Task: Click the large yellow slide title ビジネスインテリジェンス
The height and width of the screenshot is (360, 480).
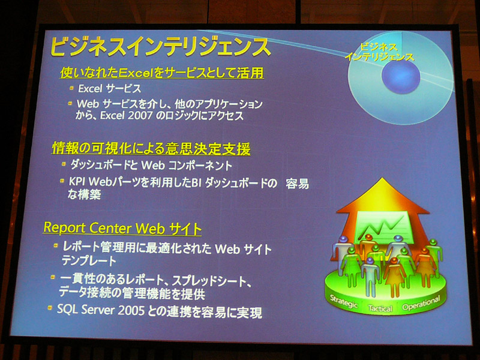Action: [160, 47]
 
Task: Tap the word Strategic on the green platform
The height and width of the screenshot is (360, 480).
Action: [344, 302]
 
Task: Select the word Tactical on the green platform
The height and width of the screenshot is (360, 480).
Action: [380, 308]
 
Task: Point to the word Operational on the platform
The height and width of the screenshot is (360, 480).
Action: [421, 303]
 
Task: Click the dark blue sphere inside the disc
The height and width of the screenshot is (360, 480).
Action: [401, 76]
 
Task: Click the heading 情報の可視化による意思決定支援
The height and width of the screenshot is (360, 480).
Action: [151, 148]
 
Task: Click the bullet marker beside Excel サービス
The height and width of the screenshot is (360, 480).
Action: [71, 88]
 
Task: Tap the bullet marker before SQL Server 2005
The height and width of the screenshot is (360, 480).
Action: [50, 307]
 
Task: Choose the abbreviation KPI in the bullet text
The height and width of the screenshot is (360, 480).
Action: [77, 182]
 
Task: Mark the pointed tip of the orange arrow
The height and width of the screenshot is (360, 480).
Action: [382, 178]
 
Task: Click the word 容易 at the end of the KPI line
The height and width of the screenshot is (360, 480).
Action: [297, 184]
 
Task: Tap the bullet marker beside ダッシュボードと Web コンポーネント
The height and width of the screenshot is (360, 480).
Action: [64, 164]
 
